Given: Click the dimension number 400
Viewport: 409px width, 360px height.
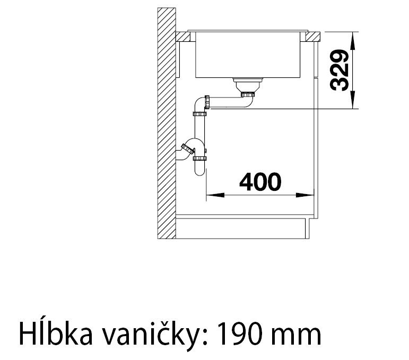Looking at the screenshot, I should (259, 182).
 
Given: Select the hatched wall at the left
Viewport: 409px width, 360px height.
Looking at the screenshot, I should (167, 122).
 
